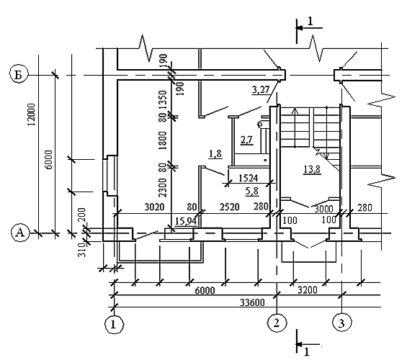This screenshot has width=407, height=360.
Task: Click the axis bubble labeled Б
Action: (19, 75)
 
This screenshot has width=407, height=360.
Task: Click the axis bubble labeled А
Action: (20, 233)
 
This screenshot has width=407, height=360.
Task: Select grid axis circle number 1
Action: (114, 324)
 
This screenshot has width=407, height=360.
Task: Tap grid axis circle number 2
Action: (277, 323)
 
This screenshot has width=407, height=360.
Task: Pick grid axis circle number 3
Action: (342, 323)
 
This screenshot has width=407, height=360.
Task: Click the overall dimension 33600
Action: (252, 302)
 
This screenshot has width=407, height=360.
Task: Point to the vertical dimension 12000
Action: (31, 114)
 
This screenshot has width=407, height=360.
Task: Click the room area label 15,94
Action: (186, 222)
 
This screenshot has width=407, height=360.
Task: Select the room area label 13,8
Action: (312, 169)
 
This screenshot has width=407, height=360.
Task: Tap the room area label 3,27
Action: (261, 90)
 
